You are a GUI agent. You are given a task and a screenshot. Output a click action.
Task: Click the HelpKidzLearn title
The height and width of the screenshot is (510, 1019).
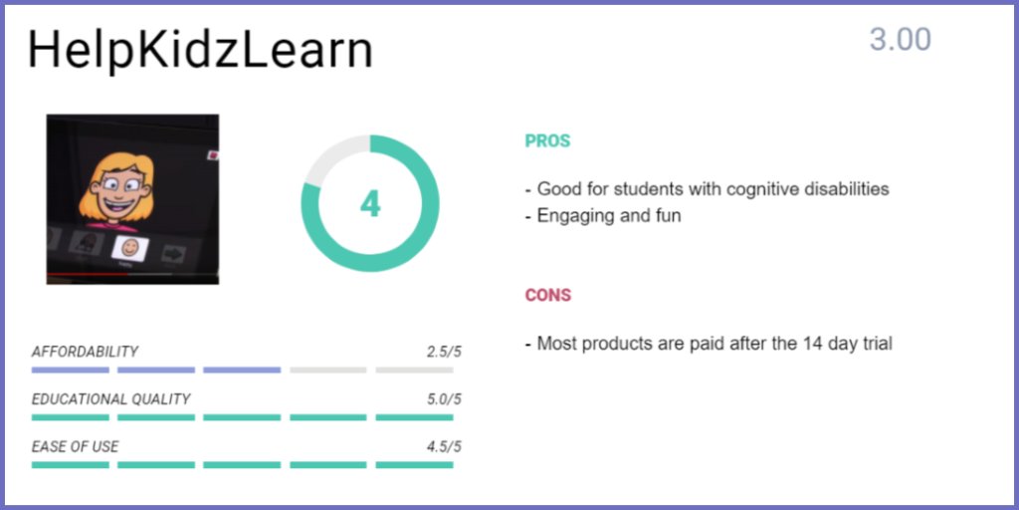click(200, 51)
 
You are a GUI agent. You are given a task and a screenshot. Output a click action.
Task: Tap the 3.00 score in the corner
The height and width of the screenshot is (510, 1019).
click(900, 40)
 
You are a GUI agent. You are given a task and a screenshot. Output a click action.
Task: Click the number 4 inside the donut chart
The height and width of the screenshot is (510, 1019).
click(370, 204)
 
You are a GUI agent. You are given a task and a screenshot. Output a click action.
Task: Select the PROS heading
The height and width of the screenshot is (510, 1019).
click(547, 141)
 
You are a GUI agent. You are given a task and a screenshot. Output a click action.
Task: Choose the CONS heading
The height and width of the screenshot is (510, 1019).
click(547, 296)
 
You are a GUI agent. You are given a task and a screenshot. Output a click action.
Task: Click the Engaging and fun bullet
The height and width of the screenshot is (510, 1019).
click(608, 215)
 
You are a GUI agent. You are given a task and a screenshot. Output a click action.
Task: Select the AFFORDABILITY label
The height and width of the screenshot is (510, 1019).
click(85, 352)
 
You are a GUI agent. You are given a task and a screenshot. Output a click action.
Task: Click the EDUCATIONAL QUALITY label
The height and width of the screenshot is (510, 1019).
click(110, 399)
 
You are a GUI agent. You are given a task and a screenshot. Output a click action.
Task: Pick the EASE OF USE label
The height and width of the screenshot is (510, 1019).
click(75, 447)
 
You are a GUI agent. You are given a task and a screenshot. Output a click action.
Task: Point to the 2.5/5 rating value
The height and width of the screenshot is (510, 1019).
click(444, 352)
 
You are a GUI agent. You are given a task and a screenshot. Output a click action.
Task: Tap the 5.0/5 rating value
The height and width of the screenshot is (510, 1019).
click(444, 399)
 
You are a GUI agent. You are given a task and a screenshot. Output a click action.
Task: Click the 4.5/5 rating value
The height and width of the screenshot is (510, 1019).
click(444, 447)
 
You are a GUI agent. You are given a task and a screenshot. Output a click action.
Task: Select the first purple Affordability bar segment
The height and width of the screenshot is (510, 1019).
click(70, 370)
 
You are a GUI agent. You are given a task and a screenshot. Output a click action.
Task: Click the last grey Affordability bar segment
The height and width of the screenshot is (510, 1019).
click(414, 370)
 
